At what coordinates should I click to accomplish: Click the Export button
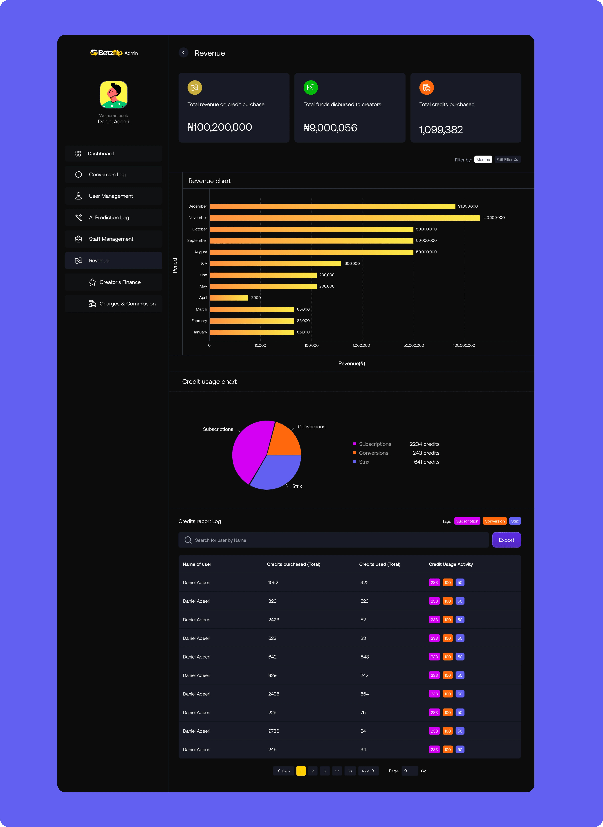(x=506, y=540)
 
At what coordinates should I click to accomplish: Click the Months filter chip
(x=483, y=160)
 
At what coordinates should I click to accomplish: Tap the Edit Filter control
(x=507, y=160)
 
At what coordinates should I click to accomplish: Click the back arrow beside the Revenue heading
(x=183, y=53)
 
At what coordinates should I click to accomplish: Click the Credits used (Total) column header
(x=380, y=564)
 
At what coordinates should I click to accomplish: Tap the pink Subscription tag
(x=467, y=521)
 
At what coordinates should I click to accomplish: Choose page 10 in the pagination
(x=350, y=771)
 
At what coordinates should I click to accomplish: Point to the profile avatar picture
(x=114, y=95)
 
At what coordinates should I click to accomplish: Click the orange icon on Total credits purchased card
(x=426, y=88)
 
